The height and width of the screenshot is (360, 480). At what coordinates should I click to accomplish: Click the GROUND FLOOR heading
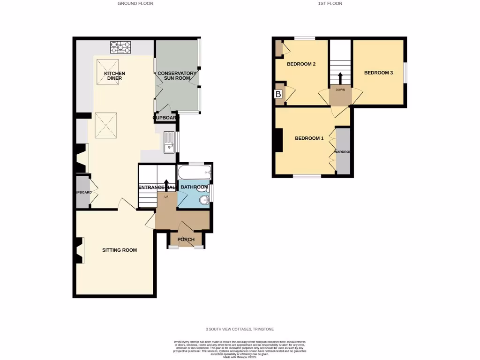[x=135, y=3]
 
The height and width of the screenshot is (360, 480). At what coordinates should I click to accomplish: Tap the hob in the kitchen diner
[x=120, y=47]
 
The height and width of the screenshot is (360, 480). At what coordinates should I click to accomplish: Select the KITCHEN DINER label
[x=114, y=76]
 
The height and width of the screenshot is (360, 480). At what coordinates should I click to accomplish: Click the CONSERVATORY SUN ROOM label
[x=177, y=76]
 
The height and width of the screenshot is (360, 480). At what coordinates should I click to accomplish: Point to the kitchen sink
[x=168, y=143]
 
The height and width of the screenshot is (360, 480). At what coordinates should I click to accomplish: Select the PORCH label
[x=186, y=240]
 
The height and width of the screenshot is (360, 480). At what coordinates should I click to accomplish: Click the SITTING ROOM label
[x=120, y=250]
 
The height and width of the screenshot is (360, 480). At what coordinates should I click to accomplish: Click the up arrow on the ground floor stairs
[x=166, y=183]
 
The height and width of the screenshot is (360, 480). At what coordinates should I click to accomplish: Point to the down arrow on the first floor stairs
[x=340, y=77]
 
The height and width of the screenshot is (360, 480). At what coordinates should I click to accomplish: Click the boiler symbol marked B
[x=278, y=94]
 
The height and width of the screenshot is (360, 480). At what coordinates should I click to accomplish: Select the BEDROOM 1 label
[x=309, y=138]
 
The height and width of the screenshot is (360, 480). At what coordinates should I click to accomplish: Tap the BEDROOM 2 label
[x=300, y=64]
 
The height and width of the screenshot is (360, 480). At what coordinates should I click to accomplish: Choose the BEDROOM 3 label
[x=378, y=73]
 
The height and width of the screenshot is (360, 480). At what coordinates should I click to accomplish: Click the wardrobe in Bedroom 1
[x=344, y=152]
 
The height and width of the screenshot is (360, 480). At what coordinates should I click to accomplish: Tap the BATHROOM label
[x=194, y=187]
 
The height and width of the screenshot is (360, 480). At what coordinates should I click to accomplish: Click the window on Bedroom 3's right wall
[x=405, y=73]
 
